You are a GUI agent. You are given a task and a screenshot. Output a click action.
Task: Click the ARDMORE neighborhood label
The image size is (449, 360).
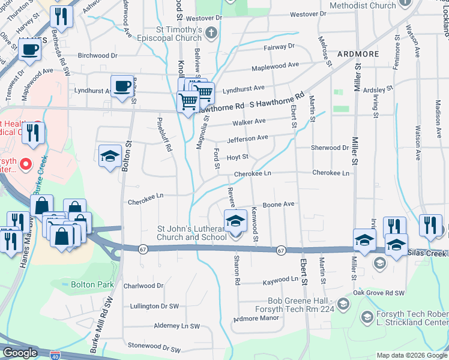click(358, 53)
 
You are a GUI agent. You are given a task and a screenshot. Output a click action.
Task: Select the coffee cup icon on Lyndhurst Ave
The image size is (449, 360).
click(122, 86)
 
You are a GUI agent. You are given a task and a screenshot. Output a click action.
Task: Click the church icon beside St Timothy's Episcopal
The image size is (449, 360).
click(211, 34)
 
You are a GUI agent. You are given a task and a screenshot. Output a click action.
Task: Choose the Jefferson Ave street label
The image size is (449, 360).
click(247, 138)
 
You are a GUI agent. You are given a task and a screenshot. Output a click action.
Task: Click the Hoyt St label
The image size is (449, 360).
click(237, 157)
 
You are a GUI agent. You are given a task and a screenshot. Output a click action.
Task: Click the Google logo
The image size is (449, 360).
click(20, 353)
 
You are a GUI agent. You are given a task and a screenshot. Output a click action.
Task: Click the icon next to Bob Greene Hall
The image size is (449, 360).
click(343, 304)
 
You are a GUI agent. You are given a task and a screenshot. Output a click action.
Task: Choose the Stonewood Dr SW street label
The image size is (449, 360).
click(154, 349)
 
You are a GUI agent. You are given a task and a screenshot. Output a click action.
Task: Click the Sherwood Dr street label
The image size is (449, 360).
click(330, 148)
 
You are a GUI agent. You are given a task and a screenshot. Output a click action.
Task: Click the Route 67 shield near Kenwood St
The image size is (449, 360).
click(280, 250)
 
